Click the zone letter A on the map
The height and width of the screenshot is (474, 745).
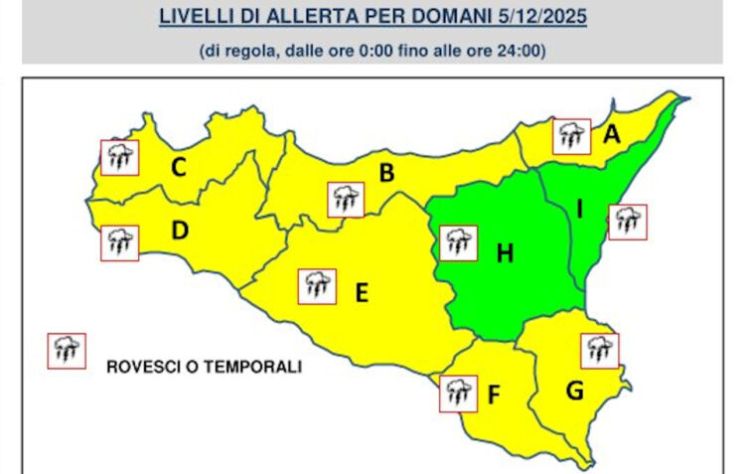(x=612, y=134)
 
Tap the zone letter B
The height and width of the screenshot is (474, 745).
(x=386, y=174)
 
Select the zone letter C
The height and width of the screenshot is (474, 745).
(x=179, y=168)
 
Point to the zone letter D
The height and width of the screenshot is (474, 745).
(x=180, y=231)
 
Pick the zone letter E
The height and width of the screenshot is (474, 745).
(x=362, y=292)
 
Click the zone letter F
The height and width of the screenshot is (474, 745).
(x=494, y=395)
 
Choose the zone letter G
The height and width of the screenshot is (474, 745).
(x=574, y=391)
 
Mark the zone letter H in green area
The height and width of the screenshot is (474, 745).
(x=505, y=254)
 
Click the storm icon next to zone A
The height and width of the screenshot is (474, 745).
(x=571, y=136)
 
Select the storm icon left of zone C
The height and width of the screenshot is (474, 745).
(x=119, y=156)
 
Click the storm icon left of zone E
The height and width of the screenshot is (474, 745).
(x=317, y=286)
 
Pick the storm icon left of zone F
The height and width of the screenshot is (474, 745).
(x=457, y=394)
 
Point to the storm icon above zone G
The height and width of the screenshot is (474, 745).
(x=599, y=350)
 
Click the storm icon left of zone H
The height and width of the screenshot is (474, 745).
(x=457, y=241)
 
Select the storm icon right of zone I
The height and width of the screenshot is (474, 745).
(x=627, y=222)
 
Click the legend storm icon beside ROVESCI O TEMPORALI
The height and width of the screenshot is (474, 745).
(x=67, y=350)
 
